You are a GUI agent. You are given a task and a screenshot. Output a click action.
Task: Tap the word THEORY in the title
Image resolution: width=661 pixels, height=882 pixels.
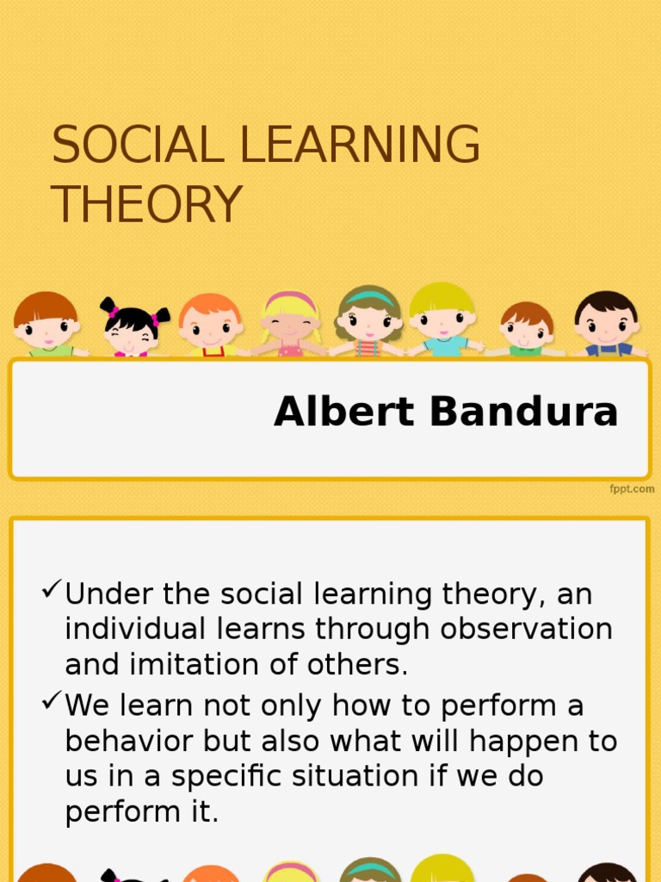click(x=146, y=205)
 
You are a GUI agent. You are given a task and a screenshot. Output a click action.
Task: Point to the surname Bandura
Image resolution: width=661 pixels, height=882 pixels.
click(x=524, y=413)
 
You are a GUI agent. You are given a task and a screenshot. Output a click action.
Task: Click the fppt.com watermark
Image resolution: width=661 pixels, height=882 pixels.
click(x=633, y=489)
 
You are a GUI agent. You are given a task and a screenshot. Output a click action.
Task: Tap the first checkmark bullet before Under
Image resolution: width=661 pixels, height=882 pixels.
click(x=52, y=591)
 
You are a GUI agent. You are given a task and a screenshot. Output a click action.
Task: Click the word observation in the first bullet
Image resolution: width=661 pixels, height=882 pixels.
click(x=526, y=630)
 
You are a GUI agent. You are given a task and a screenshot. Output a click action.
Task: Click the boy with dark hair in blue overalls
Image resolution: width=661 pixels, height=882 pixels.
click(x=607, y=324)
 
